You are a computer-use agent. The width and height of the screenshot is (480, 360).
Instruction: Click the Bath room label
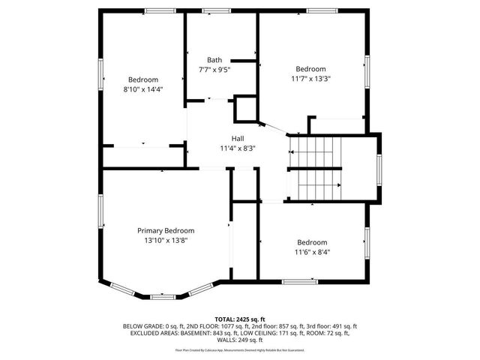coord(214,60)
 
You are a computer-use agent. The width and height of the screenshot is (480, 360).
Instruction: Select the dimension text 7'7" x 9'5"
coord(214,70)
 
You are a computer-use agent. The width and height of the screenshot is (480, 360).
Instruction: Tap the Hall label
coord(237,138)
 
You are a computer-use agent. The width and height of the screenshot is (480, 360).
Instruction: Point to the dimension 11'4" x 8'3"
coord(237,148)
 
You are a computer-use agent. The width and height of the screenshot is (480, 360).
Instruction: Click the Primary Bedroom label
coord(166,230)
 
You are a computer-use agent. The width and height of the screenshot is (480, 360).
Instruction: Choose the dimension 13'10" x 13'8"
coord(166,240)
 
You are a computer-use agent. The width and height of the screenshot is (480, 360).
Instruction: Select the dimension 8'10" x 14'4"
coord(142,89)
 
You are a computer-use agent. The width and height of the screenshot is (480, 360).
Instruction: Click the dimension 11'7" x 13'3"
coord(310,78)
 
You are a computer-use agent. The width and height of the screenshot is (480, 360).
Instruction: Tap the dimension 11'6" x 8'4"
coord(311,252)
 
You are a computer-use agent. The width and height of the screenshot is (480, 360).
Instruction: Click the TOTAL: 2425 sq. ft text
coord(240,319)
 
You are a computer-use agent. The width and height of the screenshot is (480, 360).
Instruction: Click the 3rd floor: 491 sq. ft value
coord(334,325)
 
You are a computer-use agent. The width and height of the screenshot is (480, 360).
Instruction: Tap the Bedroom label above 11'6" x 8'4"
coord(311,242)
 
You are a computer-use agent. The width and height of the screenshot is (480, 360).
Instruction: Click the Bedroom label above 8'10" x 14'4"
coord(142,79)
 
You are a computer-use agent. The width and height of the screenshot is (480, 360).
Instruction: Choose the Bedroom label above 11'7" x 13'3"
coord(310,68)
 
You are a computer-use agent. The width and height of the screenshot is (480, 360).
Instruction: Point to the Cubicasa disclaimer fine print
coord(240,349)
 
